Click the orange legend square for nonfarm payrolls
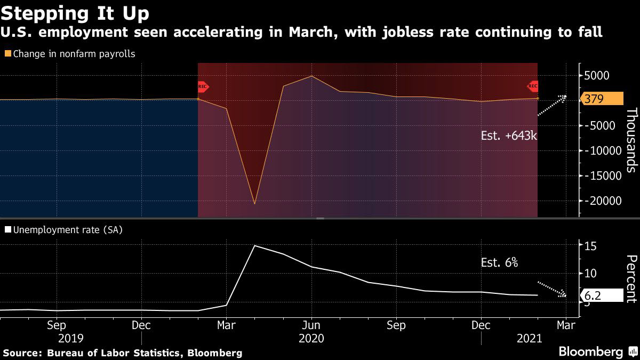pyautogui.click(x=7, y=54)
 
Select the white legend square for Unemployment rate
pyautogui.click(x=7, y=230)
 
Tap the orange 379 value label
pyautogui.click(x=602, y=99)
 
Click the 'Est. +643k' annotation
pyautogui.click(x=508, y=135)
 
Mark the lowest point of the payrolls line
pyautogui.click(x=254, y=204)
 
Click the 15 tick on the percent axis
pyautogui.click(x=590, y=246)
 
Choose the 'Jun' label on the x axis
pyautogui.click(x=311, y=325)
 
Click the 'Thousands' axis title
pyautogui.click(x=631, y=140)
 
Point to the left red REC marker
pyautogui.click(x=203, y=86)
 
